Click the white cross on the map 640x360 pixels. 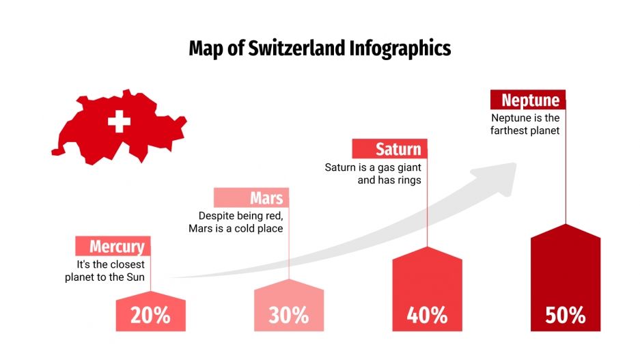click(x=119, y=122)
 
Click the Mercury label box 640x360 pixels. click(x=113, y=247)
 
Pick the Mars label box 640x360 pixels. click(x=251, y=198)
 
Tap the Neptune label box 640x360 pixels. click(x=528, y=100)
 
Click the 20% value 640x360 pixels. click(x=150, y=315)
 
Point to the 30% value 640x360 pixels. click(x=288, y=315)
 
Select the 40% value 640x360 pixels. click(x=427, y=315)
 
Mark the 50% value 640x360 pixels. click(x=566, y=315)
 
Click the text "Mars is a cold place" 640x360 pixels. click(x=236, y=228)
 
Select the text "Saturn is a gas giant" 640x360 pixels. click(x=372, y=167)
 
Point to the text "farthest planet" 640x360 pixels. click(x=525, y=130)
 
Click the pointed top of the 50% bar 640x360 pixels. click(x=566, y=226)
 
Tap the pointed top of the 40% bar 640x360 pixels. click(x=427, y=249)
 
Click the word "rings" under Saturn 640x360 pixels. click(x=408, y=180)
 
